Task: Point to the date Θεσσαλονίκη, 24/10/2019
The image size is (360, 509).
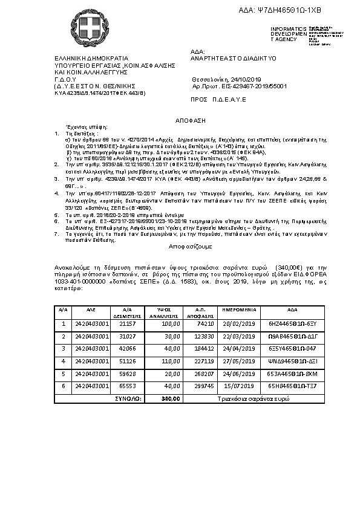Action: point(226,79)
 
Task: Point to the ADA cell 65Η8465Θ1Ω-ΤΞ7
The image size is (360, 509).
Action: point(284,386)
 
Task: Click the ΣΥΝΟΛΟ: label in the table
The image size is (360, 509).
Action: point(128,398)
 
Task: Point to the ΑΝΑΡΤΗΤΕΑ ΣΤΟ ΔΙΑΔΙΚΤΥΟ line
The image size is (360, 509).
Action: point(233,58)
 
